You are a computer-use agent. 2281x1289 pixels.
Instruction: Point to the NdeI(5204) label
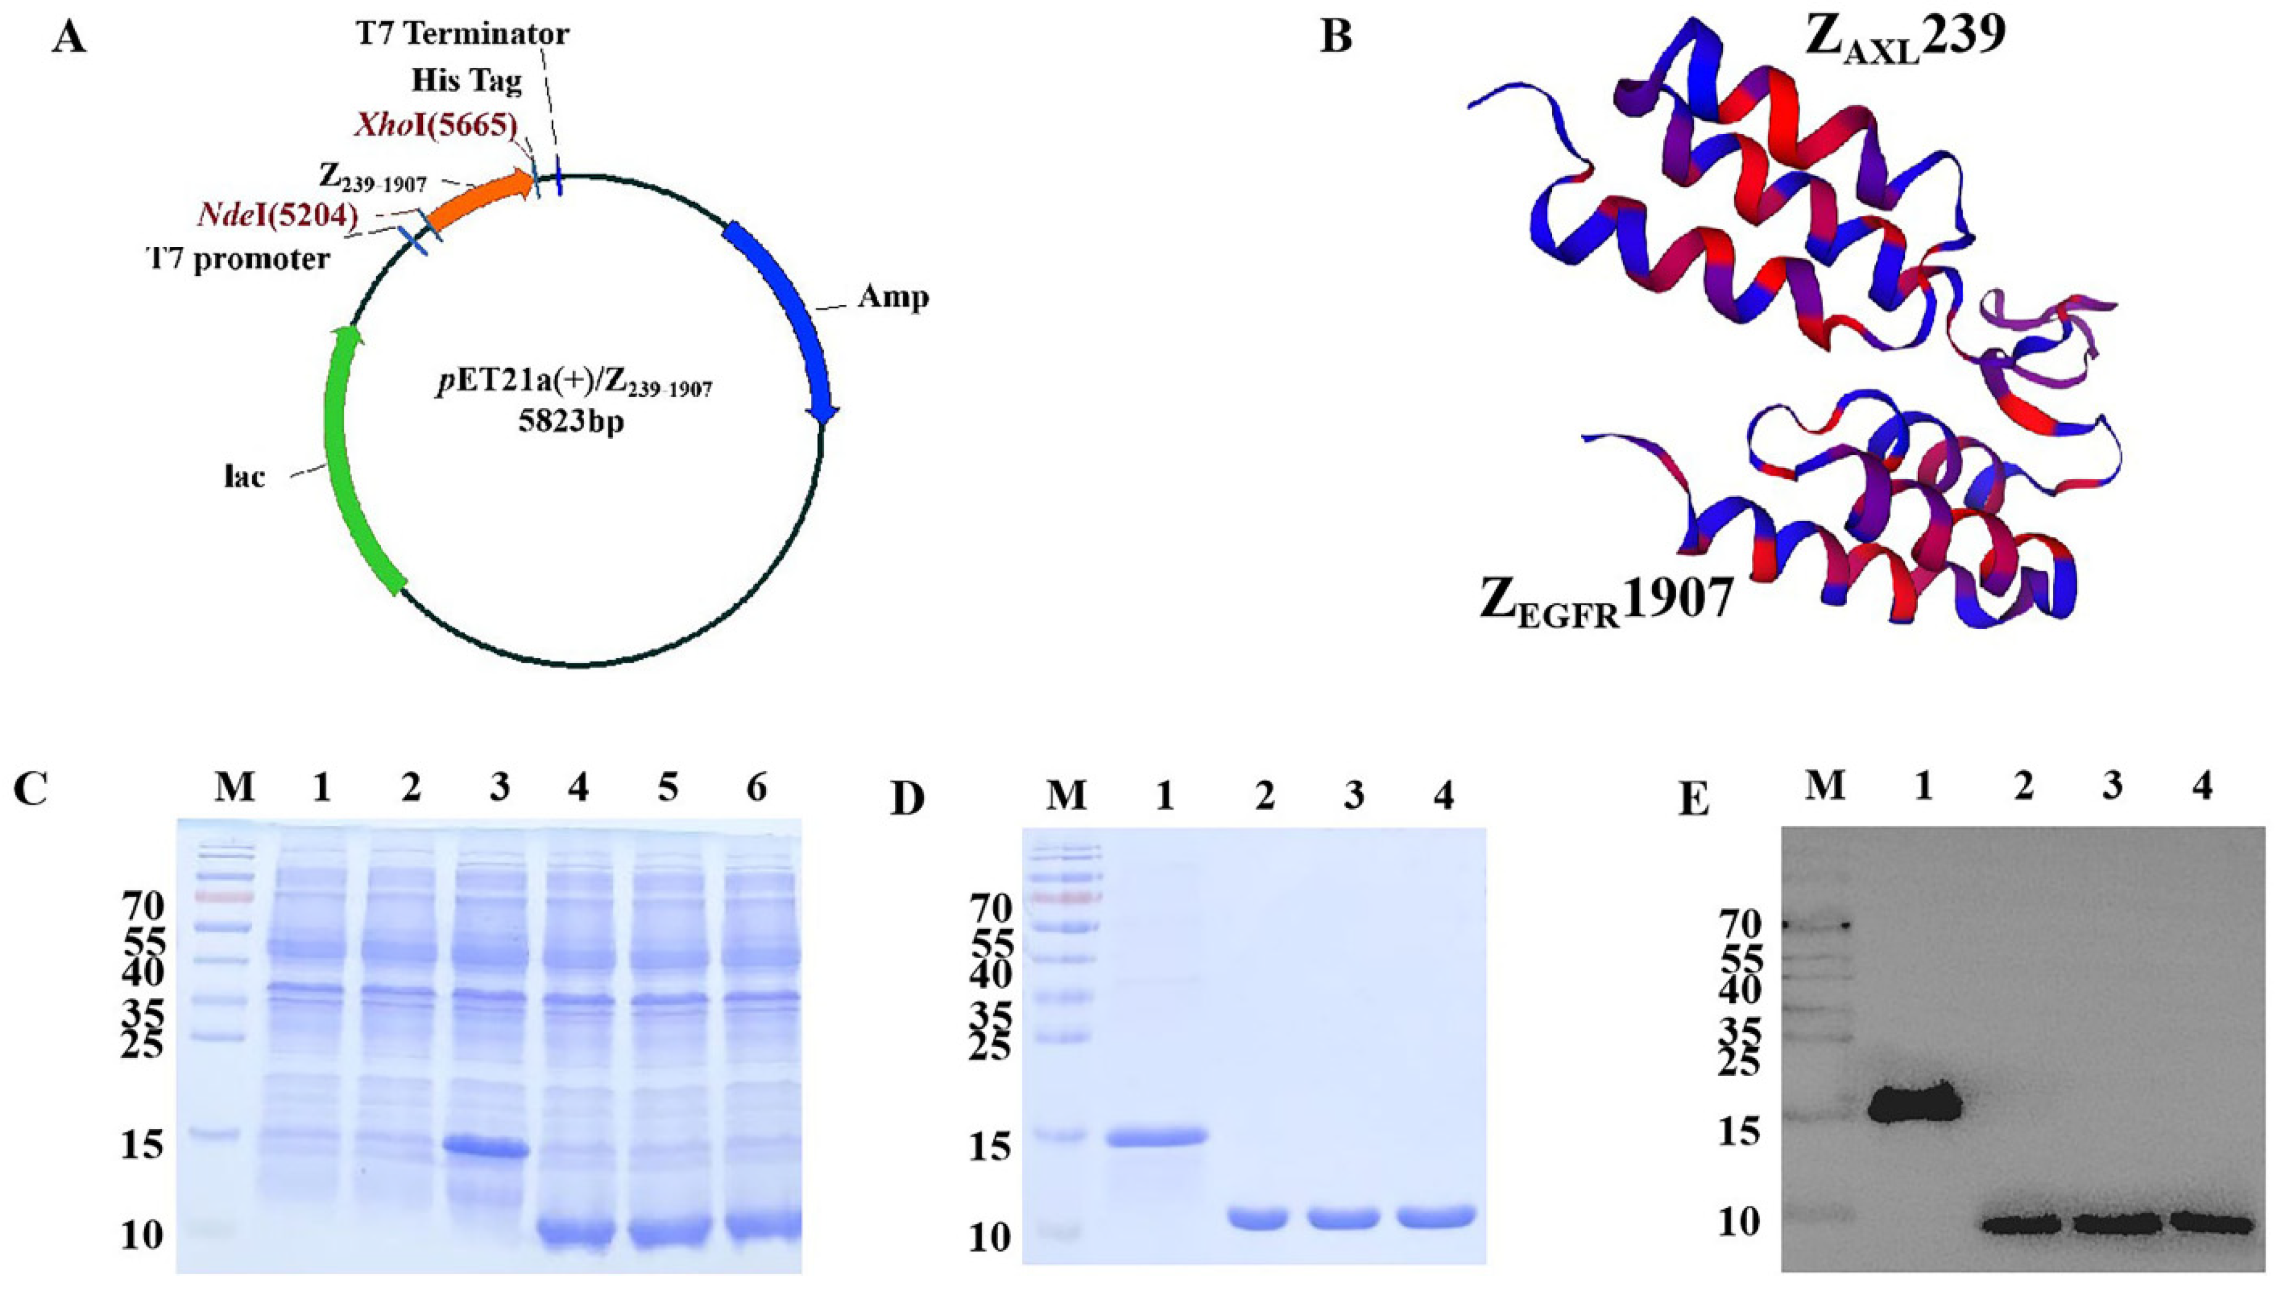(276, 215)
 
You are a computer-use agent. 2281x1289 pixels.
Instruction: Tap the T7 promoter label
(237, 259)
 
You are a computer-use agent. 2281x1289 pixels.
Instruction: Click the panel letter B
(1335, 37)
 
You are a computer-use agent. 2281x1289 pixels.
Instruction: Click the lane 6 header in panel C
(755, 787)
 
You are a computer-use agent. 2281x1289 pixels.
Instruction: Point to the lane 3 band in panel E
(2112, 1225)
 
